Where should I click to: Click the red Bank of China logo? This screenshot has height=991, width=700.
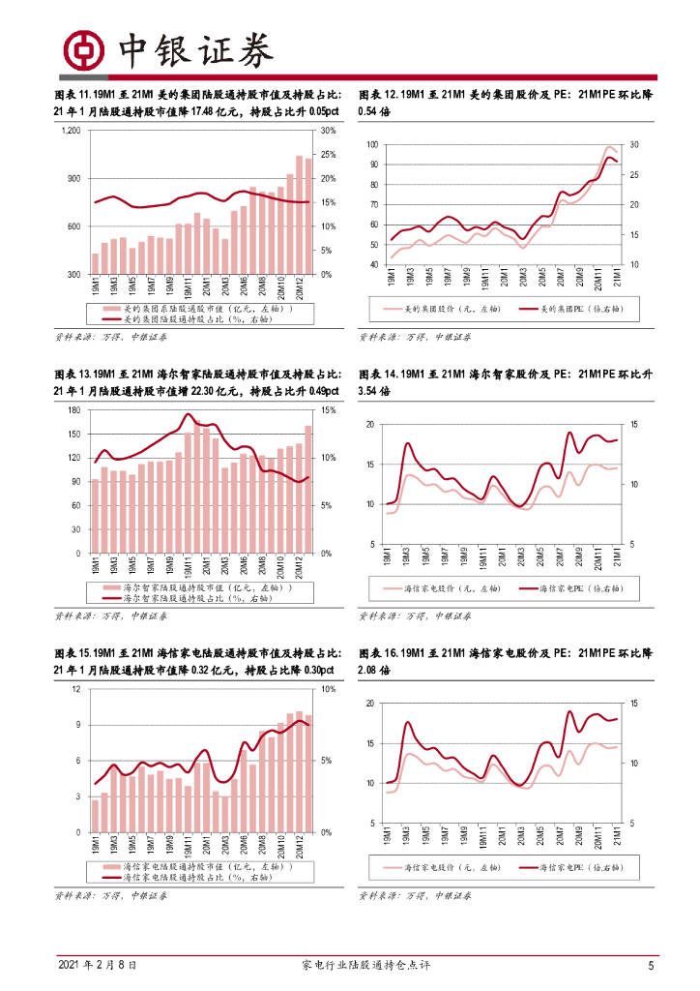82,49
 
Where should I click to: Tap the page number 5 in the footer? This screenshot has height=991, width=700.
651,965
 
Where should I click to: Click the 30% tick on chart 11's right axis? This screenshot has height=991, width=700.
327,131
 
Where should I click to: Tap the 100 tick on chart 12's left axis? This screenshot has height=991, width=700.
373,144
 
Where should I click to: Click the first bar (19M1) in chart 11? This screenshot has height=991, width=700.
96,263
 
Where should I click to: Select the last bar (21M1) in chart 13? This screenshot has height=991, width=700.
308,489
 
